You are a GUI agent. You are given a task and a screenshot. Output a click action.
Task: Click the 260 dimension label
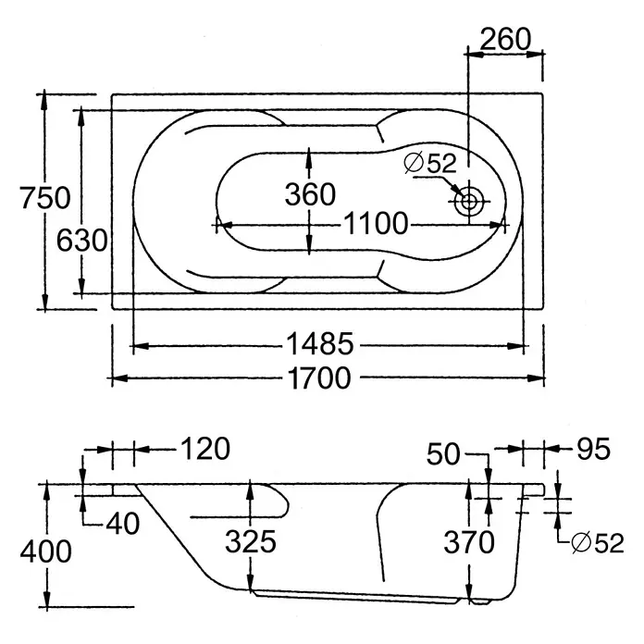point(505,39)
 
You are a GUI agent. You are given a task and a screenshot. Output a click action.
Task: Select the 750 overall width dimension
point(45,198)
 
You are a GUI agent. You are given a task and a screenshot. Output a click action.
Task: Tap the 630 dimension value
point(81,241)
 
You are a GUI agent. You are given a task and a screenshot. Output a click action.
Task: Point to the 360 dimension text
point(310,194)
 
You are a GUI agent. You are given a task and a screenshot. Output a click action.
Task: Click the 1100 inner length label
point(376,223)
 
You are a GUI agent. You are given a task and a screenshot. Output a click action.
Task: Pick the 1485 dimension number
point(320,343)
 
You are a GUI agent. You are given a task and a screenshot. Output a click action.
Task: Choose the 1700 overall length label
point(319,378)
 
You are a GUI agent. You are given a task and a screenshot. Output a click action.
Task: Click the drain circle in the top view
point(468,202)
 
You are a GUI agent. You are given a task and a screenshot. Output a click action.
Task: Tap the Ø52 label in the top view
point(430,163)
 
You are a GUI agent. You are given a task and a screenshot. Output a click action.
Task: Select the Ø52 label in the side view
point(598,542)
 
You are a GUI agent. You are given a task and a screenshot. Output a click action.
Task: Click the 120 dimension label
point(205,449)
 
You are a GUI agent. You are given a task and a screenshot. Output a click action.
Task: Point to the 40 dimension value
point(123,524)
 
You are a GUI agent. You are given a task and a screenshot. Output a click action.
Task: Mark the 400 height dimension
point(45,551)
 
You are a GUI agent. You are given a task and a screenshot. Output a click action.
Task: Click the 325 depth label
point(251,541)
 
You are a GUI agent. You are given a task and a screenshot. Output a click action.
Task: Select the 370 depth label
point(469,542)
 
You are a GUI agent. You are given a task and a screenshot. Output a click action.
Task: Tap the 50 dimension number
point(443,453)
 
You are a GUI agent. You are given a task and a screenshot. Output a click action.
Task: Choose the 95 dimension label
point(594,449)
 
